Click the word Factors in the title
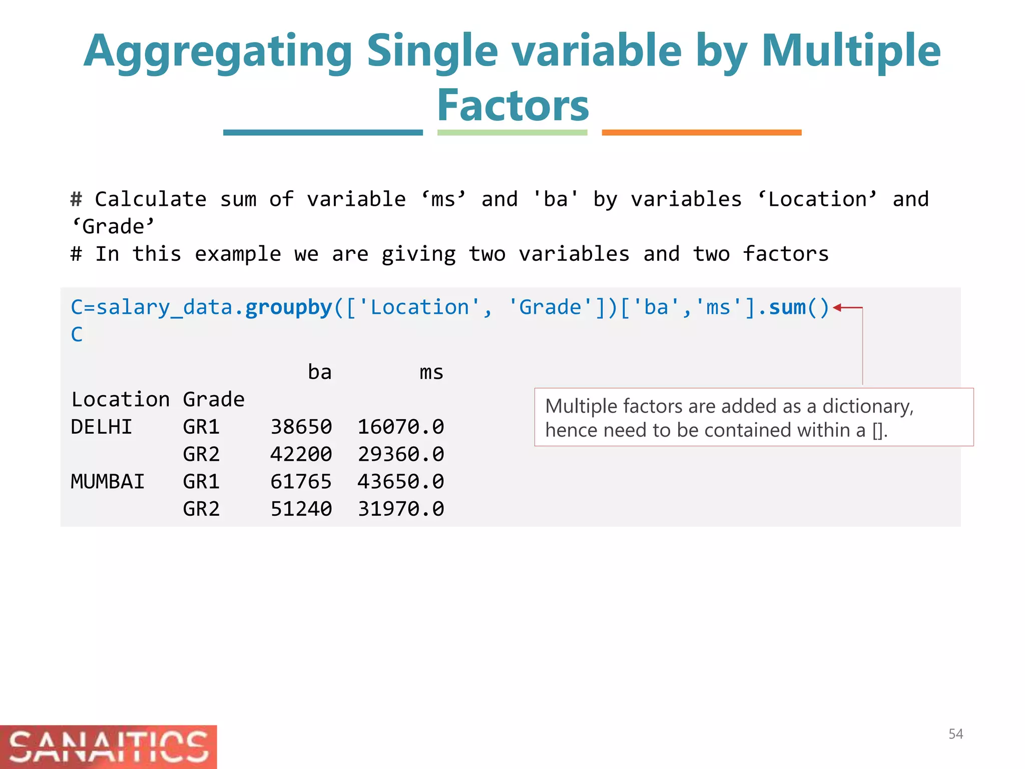pyautogui.click(x=513, y=106)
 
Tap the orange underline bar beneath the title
pyautogui.click(x=701, y=133)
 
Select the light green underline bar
pyautogui.click(x=512, y=133)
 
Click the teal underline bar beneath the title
pyautogui.click(x=323, y=133)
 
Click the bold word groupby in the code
pyautogui.click(x=289, y=307)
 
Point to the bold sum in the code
pyautogui.click(x=787, y=307)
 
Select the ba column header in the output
pyautogui.click(x=319, y=372)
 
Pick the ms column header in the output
pyautogui.click(x=431, y=372)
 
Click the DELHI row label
pyautogui.click(x=102, y=427)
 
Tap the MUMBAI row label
pyautogui.click(x=108, y=482)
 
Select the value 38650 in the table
pyautogui.click(x=301, y=427)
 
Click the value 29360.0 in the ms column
pyautogui.click(x=400, y=455)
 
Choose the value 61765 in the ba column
pyautogui.click(x=301, y=482)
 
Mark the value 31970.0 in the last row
pyautogui.click(x=400, y=509)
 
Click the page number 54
pyautogui.click(x=955, y=734)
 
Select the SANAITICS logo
pyautogui.click(x=108, y=746)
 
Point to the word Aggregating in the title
pyautogui.click(x=218, y=52)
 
